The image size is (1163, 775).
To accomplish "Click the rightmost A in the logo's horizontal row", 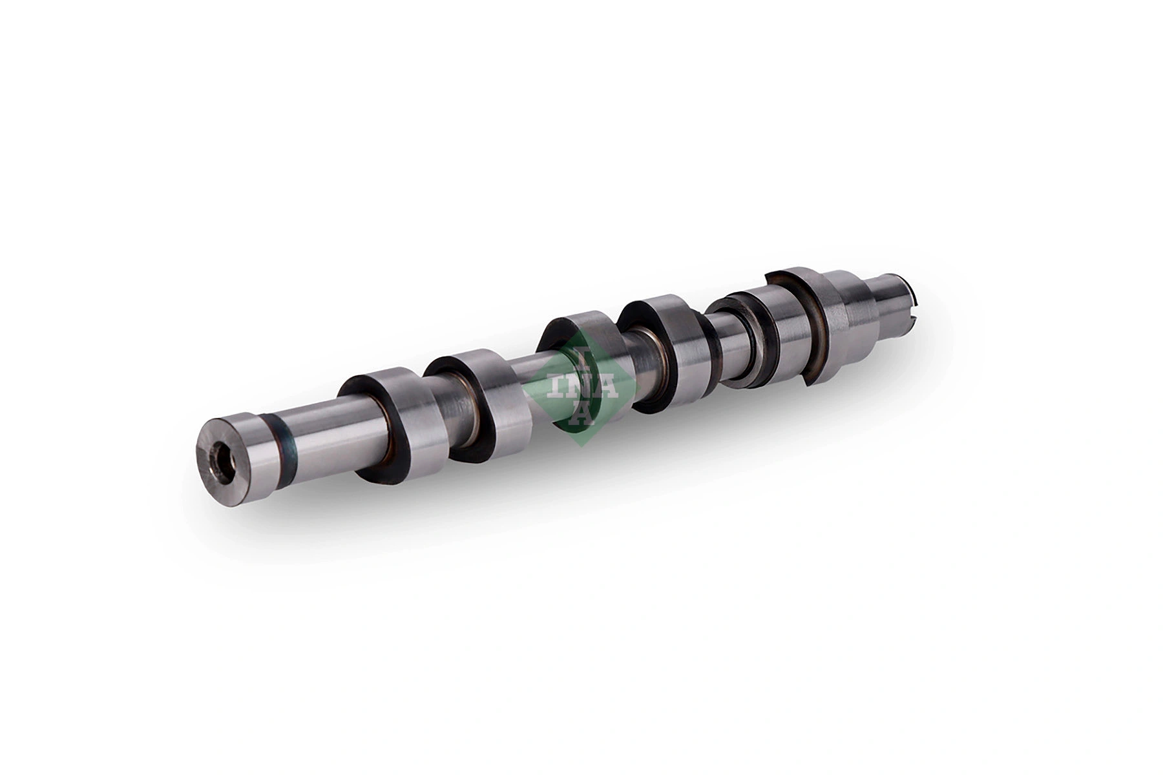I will click(x=607, y=387).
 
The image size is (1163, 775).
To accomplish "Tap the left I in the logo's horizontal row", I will click(x=554, y=387).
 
